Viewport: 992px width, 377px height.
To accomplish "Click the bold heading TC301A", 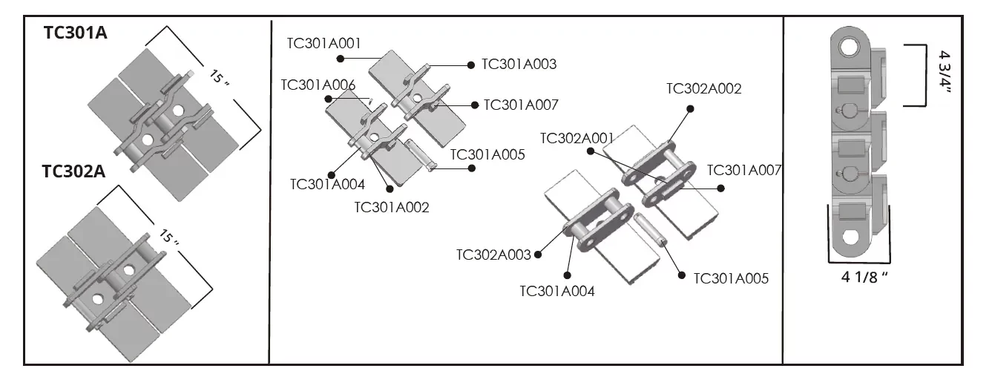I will coord(75,33).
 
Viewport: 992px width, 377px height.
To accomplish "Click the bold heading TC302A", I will coord(74,172).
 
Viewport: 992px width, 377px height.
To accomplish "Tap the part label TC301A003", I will coord(519,65).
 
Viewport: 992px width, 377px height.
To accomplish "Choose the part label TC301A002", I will coord(392,207).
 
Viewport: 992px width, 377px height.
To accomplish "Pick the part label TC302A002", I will coord(703,89).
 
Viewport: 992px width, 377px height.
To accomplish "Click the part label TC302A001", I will coord(577,138).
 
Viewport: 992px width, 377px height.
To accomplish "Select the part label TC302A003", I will coord(493,255).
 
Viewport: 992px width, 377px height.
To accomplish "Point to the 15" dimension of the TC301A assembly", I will coord(220,78).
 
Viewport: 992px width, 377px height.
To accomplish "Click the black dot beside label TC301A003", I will coord(471,65).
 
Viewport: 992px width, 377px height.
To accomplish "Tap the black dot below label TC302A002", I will coord(690,108).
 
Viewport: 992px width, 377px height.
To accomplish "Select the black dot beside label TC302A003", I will coord(537,255).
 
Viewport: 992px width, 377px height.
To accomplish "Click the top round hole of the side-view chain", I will coord(847,49).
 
